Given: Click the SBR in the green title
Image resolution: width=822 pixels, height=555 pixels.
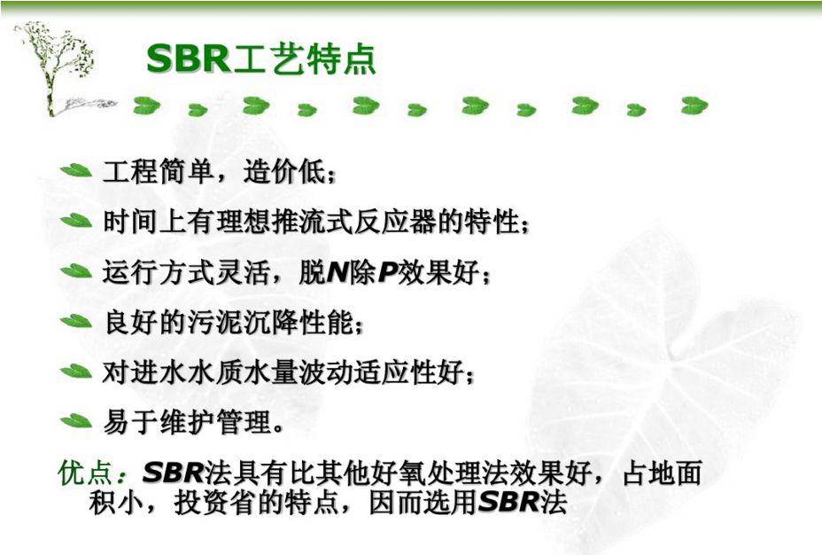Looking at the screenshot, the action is [x=188, y=59].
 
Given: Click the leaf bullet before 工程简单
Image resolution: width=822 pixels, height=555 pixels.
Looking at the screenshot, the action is [x=76, y=170].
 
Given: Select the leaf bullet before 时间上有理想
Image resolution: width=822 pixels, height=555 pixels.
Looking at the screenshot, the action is [x=76, y=221].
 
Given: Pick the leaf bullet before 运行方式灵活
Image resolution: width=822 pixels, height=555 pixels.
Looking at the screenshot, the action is [x=76, y=271].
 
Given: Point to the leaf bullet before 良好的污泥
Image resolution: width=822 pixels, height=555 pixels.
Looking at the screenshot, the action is [x=76, y=321].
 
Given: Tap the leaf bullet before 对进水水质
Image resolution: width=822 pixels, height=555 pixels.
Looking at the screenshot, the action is [x=76, y=371].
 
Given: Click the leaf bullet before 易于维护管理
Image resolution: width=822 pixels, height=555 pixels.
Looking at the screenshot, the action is [x=76, y=421].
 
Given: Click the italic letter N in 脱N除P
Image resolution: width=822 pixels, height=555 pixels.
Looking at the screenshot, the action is [x=337, y=272].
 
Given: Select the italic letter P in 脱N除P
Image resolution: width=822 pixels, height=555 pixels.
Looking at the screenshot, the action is [x=387, y=272].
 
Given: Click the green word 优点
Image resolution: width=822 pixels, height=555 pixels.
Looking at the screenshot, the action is [x=84, y=473].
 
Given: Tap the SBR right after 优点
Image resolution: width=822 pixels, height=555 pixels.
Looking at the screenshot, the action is [x=173, y=473].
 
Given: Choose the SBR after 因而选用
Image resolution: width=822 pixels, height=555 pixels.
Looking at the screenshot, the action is [x=508, y=502].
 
